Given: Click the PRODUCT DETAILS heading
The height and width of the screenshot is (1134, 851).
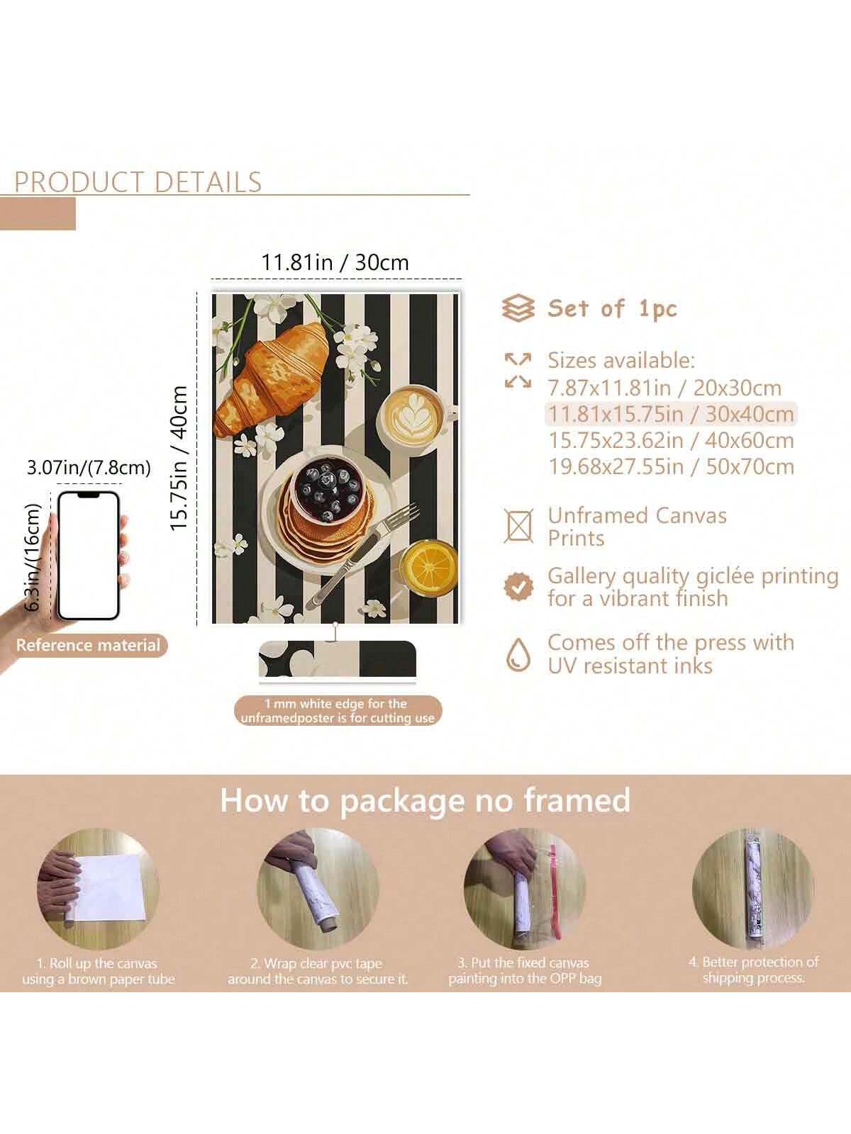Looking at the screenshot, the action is click(138, 182).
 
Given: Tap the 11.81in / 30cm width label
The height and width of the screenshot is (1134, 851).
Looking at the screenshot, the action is click(335, 262).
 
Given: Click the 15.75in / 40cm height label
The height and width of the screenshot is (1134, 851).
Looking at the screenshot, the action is click(179, 458).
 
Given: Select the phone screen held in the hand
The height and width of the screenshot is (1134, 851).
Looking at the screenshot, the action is click(89, 556).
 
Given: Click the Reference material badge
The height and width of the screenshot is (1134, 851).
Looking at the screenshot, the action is click(89, 645).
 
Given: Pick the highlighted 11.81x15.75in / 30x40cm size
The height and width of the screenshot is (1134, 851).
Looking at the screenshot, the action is click(671, 415).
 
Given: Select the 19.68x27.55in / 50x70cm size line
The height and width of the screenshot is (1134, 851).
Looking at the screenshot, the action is click(671, 467).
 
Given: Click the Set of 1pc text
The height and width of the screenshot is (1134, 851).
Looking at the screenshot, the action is click(612, 308).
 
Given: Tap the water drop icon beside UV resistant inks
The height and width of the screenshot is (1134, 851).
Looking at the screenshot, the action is click(518, 654).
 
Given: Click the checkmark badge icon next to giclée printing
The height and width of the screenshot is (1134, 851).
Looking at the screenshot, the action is click(518, 586).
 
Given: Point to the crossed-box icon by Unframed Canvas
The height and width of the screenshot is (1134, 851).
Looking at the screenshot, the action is click(518, 526).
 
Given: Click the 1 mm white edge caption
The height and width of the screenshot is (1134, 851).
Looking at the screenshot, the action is click(338, 711).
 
